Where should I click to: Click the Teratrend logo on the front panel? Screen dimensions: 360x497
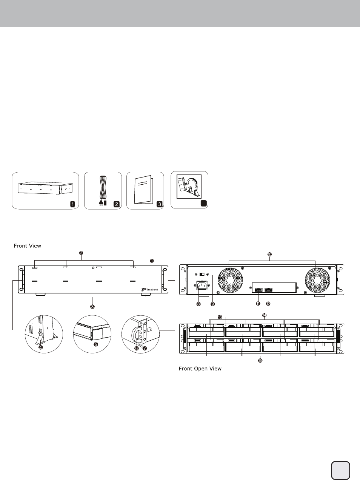[150, 289]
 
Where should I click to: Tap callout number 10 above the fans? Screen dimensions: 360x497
[269, 255]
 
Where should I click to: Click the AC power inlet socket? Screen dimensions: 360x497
[202, 285]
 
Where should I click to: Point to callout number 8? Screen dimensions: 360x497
[198, 304]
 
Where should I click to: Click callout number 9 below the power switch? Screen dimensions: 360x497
[212, 304]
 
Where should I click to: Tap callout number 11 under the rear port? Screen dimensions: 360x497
[258, 304]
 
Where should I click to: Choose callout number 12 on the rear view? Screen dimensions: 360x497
[268, 304]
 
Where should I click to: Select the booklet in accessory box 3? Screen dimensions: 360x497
[143, 190]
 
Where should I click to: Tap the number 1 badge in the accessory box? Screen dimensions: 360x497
[72, 204]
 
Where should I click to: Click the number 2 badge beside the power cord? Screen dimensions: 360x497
[116, 204]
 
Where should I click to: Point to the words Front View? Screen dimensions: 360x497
[27, 246]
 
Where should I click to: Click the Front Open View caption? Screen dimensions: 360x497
[200, 369]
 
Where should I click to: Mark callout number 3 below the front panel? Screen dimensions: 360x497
[92, 307]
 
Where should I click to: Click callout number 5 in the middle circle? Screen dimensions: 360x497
[96, 344]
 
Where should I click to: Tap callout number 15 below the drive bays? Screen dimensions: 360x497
[260, 361]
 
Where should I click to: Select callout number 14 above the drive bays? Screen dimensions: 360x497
[264, 315]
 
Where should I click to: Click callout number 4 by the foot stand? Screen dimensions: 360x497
[41, 347]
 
